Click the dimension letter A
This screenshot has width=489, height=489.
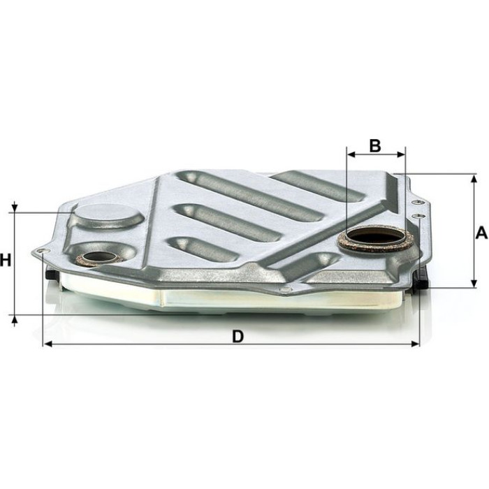[x=481, y=233]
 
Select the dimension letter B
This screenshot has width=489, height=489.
[x=375, y=145]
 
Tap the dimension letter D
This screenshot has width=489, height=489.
[x=238, y=337]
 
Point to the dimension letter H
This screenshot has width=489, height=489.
[x=6, y=260]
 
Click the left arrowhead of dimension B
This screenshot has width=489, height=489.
[x=352, y=154]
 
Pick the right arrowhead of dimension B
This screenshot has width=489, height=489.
[x=401, y=154]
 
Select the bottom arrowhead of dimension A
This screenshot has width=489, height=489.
[x=474, y=283]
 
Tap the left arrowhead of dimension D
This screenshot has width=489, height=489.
[x=48, y=344]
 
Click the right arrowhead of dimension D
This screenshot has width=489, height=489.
[x=415, y=344]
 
